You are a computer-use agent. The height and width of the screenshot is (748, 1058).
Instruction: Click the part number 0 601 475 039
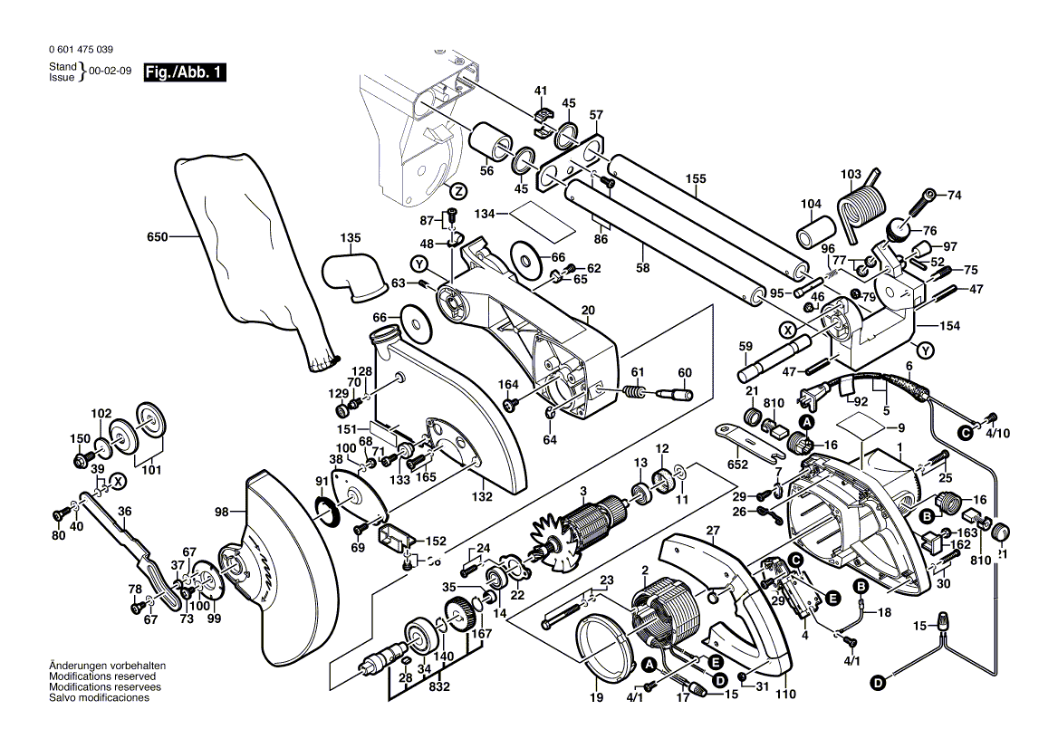click(82, 50)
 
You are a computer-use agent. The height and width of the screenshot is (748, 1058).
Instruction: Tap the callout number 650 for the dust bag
click(158, 237)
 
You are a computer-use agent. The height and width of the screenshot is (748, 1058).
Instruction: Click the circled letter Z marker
click(458, 191)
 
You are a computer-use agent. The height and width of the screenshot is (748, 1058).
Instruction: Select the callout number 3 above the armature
click(583, 491)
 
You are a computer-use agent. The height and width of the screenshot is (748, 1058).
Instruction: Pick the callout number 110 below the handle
click(785, 695)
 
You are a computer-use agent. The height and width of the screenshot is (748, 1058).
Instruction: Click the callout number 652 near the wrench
click(738, 465)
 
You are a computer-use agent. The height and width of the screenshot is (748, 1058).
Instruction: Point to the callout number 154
click(949, 326)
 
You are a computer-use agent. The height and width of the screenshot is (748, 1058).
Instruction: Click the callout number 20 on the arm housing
click(588, 311)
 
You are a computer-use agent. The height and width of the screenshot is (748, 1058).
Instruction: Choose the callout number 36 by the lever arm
click(124, 511)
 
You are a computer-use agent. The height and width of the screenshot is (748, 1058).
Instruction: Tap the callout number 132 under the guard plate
click(481, 496)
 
